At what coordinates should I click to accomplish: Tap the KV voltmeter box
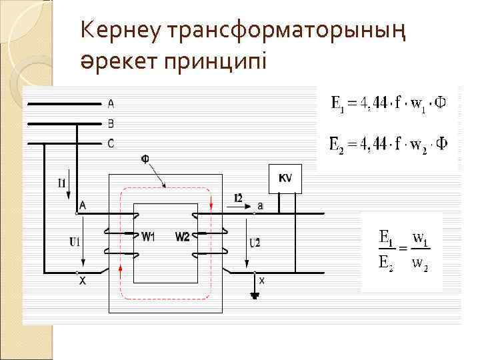[285, 178]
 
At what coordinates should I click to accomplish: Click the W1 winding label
[149, 237]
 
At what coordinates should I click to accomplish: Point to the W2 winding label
[183, 237]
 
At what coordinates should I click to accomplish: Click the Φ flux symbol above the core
[145, 159]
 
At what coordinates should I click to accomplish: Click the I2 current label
[239, 197]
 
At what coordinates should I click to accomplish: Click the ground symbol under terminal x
[254, 294]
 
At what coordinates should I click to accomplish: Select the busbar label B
[111, 123]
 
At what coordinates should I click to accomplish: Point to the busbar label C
[111, 143]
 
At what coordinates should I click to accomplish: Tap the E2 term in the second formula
[338, 144]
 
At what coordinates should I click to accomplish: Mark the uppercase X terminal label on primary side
[82, 282]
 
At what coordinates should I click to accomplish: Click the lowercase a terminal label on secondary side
[260, 206]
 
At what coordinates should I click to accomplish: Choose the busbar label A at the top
[111, 103]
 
